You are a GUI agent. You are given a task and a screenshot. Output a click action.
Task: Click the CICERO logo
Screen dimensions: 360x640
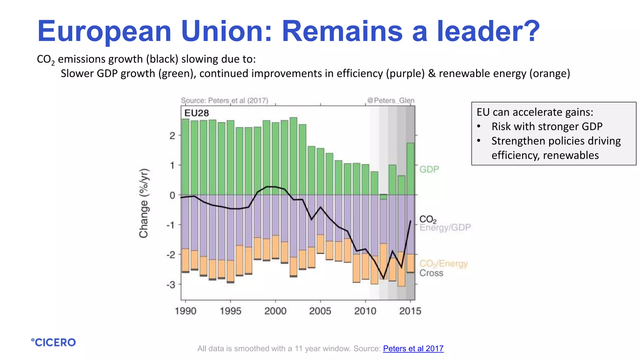pos(53,342)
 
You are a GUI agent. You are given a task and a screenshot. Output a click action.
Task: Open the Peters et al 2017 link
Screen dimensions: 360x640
pos(413,348)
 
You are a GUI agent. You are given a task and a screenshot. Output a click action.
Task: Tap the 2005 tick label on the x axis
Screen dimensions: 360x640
pos(320,311)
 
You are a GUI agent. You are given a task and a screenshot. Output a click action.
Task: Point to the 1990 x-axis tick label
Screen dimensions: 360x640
pos(185,311)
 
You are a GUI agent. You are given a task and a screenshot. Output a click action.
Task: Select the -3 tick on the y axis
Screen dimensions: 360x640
pos(171,285)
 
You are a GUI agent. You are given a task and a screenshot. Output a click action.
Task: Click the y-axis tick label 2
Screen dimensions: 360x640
pos(172,136)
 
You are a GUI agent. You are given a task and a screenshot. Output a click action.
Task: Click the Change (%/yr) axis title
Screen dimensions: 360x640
pos(144,203)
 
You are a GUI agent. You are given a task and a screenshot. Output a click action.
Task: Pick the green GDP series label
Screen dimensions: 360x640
pos(429,169)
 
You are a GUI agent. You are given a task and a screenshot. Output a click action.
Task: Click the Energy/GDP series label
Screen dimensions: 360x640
pos(445,227)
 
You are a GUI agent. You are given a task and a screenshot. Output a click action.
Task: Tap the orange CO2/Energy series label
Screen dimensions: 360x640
pos(443,264)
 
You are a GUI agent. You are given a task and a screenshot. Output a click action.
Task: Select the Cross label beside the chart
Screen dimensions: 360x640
pos(431,273)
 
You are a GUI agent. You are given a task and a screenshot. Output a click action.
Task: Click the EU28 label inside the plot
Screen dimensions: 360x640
pos(197,113)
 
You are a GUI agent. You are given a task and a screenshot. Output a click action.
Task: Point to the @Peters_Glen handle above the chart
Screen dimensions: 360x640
pos(391,100)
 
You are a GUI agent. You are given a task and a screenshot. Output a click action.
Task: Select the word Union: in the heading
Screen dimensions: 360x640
pos(227,31)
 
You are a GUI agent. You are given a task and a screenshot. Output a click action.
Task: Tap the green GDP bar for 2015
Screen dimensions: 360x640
pos(410,169)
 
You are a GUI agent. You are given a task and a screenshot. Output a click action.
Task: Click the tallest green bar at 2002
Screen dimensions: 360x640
pos(293,156)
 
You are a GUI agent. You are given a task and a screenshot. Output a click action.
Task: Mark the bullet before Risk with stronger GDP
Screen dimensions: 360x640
pos(479,127)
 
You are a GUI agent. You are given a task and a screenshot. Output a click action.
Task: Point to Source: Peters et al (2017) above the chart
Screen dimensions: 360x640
pos(224,100)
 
